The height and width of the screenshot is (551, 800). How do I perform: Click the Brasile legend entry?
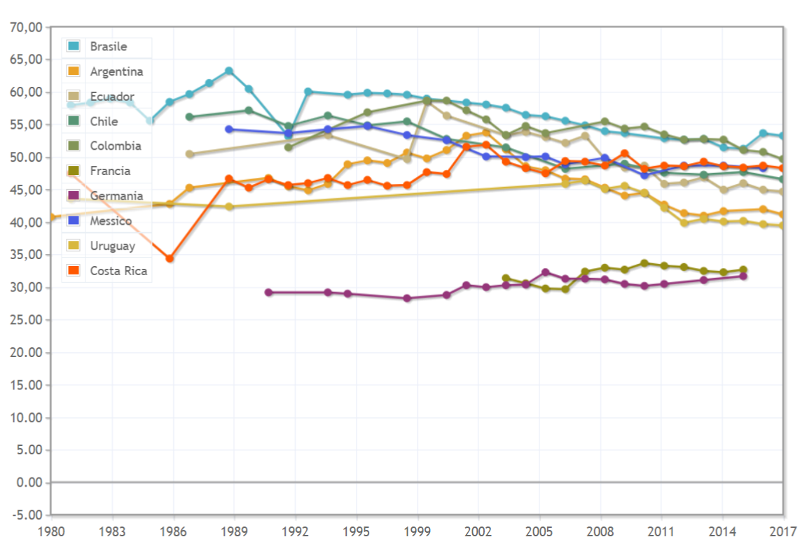click(108, 47)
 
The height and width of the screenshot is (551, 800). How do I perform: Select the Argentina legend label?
click(116, 71)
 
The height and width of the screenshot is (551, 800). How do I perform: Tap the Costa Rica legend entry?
click(118, 271)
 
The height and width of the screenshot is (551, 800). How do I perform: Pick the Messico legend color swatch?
click(73, 221)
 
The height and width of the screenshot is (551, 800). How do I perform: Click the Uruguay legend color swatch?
click(73, 246)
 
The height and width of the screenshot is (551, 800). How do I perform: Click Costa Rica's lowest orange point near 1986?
click(170, 258)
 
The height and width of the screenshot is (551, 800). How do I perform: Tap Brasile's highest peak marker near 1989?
click(229, 71)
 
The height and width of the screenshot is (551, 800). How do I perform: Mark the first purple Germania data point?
click(268, 292)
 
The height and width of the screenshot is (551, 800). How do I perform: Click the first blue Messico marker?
click(229, 129)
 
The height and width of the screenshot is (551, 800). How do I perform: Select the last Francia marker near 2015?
click(743, 270)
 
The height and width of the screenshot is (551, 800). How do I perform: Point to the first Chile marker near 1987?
click(189, 117)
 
